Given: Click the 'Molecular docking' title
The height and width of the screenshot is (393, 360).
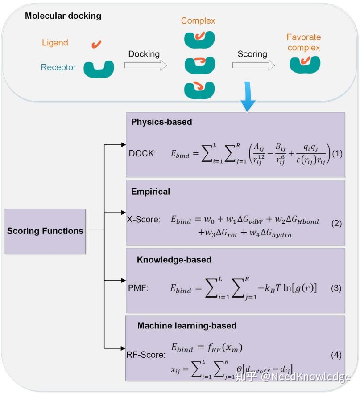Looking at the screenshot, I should [x=63, y=16].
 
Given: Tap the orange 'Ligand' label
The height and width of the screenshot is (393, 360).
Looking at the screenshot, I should [x=55, y=43].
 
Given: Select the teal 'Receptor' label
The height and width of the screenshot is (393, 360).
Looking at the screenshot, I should [x=58, y=68].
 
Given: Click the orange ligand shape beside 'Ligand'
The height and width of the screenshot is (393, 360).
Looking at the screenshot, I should [x=96, y=44].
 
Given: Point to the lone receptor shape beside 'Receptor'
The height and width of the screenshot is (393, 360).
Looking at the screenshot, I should [x=99, y=69].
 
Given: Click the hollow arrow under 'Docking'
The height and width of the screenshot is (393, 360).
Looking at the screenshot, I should [x=145, y=65].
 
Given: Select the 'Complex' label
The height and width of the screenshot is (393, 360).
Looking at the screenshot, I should [x=198, y=21].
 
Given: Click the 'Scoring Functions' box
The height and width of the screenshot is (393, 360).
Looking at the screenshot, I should [x=45, y=231].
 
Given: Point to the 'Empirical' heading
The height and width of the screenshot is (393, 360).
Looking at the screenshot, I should [x=150, y=192].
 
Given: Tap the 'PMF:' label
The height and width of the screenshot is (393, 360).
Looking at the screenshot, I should [x=137, y=288].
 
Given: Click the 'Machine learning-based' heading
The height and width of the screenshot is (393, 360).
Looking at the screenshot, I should [x=186, y=326].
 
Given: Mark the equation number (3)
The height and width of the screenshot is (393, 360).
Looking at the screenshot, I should [x=336, y=288].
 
